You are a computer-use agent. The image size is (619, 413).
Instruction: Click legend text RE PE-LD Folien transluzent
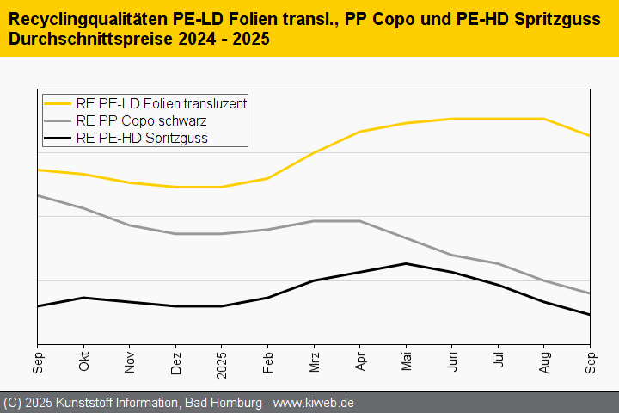(161, 103)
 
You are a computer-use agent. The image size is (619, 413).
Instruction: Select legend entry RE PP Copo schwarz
(140, 120)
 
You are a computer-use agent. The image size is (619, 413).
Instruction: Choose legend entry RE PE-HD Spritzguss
(141, 138)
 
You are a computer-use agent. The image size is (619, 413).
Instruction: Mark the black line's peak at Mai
(406, 264)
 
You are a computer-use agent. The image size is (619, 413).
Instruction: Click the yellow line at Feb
(267, 178)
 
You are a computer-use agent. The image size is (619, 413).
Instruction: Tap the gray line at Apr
(359, 221)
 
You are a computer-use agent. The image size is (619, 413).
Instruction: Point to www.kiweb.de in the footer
(314, 403)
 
